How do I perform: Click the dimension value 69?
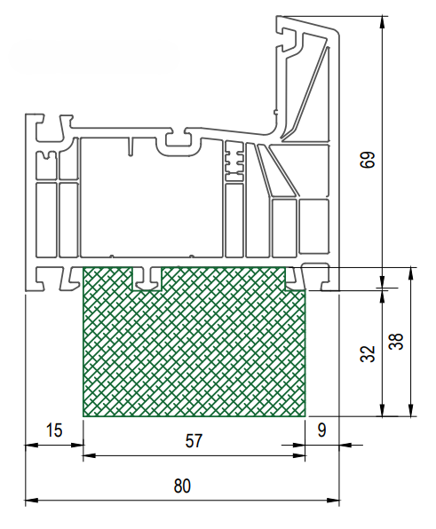(367, 160)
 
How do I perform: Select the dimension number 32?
(368, 353)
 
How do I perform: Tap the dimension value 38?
(396, 342)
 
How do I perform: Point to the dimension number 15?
(54, 430)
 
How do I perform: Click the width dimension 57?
(194, 441)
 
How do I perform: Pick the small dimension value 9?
(322, 430)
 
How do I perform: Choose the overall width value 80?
(182, 486)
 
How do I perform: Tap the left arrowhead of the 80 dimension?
(31, 501)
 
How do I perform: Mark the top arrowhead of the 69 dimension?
(382, 22)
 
